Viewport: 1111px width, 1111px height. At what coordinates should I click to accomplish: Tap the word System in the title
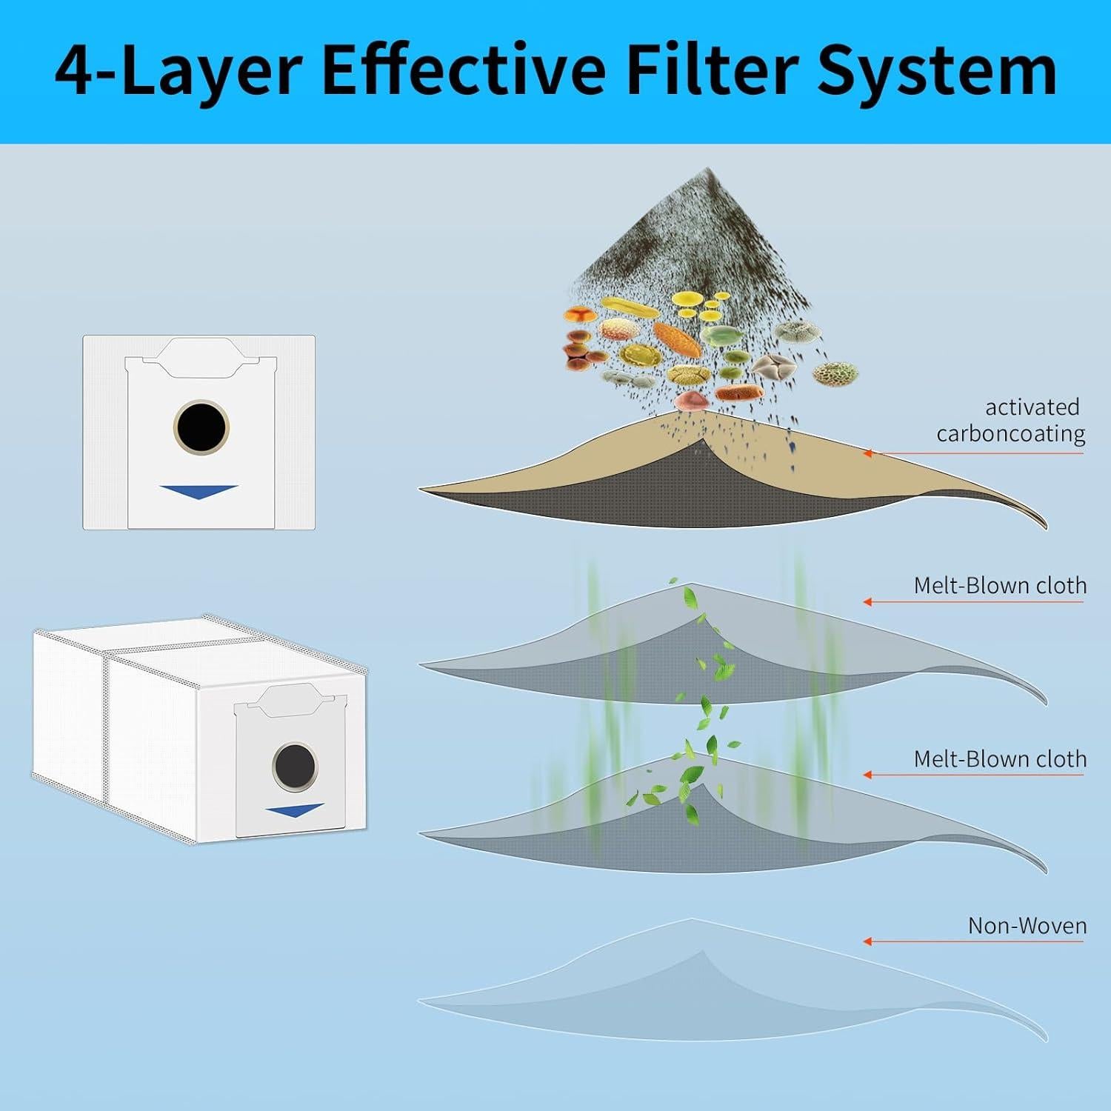(x=936, y=71)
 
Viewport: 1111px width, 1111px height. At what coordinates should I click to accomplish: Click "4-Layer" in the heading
(x=178, y=71)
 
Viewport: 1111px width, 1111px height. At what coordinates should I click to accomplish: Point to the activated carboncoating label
(x=1010, y=420)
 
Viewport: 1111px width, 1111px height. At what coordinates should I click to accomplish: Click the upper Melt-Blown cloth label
(x=1000, y=585)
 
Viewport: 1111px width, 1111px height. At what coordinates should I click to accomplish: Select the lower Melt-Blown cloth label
(x=1000, y=759)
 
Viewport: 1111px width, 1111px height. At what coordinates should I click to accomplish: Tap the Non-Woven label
(x=1027, y=926)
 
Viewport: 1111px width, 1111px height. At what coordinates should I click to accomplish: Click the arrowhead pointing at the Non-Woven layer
(x=867, y=941)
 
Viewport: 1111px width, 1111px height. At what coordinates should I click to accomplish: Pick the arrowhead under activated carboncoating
(x=867, y=453)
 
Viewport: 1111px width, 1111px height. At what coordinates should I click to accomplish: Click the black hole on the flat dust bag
(x=201, y=427)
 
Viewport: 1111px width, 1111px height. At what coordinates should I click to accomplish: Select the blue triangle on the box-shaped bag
(x=294, y=810)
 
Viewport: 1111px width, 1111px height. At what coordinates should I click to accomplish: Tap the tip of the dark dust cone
(x=707, y=170)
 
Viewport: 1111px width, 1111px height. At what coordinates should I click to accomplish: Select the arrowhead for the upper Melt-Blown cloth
(x=867, y=602)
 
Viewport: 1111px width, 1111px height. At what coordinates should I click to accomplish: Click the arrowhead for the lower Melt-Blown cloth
(x=867, y=775)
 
